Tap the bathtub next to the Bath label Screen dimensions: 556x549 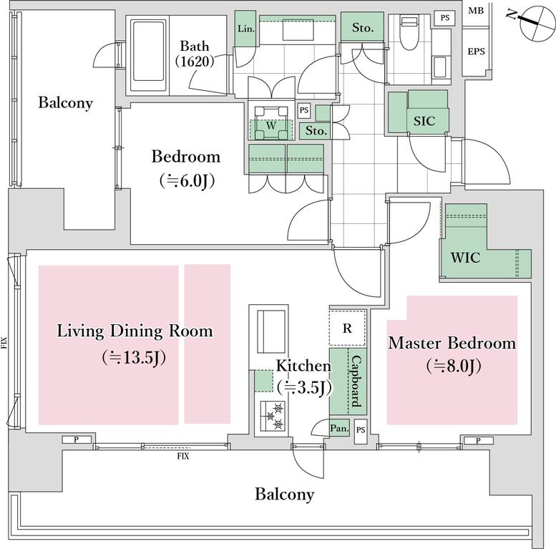pos(149,56)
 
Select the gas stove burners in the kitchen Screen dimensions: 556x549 pos(273,416)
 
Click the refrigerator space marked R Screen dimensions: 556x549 pos(348,328)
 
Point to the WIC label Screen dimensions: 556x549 pos(465,257)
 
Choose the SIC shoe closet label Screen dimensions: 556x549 pos(424,121)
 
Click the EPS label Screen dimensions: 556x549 pos(476,52)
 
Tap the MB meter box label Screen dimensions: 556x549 pos(476,11)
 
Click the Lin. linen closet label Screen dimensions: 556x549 pos(246,29)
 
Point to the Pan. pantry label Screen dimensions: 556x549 pos(339,429)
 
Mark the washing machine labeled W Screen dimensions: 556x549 pos(271,123)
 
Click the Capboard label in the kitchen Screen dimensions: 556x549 pos(356,382)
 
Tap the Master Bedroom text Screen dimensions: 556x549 pos(452,343)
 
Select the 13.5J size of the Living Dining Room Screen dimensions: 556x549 pos(134,357)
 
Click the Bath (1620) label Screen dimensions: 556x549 pos(195,54)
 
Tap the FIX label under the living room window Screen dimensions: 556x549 pos(183,456)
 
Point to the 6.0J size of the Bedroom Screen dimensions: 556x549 pos(187,181)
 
